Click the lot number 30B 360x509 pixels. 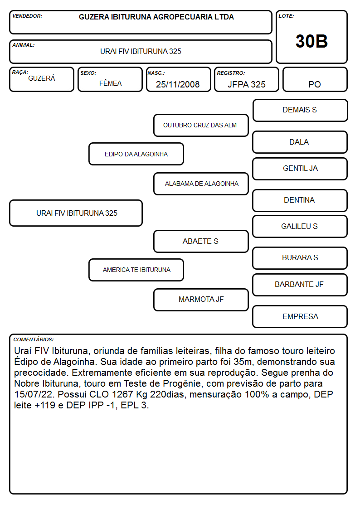tap(311, 41)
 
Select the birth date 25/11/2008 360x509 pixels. tap(178, 84)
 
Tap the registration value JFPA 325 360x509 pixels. tap(246, 84)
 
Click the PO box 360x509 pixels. tap(315, 79)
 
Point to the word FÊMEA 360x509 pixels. tap(110, 83)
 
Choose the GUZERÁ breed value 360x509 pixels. tap(42, 78)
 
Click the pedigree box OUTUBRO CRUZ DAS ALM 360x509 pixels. tap(201, 125)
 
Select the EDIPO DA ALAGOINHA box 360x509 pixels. tap(136, 154)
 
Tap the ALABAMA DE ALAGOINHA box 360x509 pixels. tap(201, 184)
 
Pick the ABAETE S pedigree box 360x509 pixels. tap(201, 241)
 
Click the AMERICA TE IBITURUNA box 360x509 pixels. tap(136, 270)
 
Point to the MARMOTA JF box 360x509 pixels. tap(201, 300)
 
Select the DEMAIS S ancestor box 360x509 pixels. tap(300, 111)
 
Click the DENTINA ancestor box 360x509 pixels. tap(300, 200)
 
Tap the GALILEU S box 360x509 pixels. tap(300, 226)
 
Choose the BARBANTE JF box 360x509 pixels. tap(300, 285)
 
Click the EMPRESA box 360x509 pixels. tap(300, 316)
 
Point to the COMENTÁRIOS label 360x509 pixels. tap(34, 339)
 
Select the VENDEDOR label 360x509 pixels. tap(27, 16)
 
